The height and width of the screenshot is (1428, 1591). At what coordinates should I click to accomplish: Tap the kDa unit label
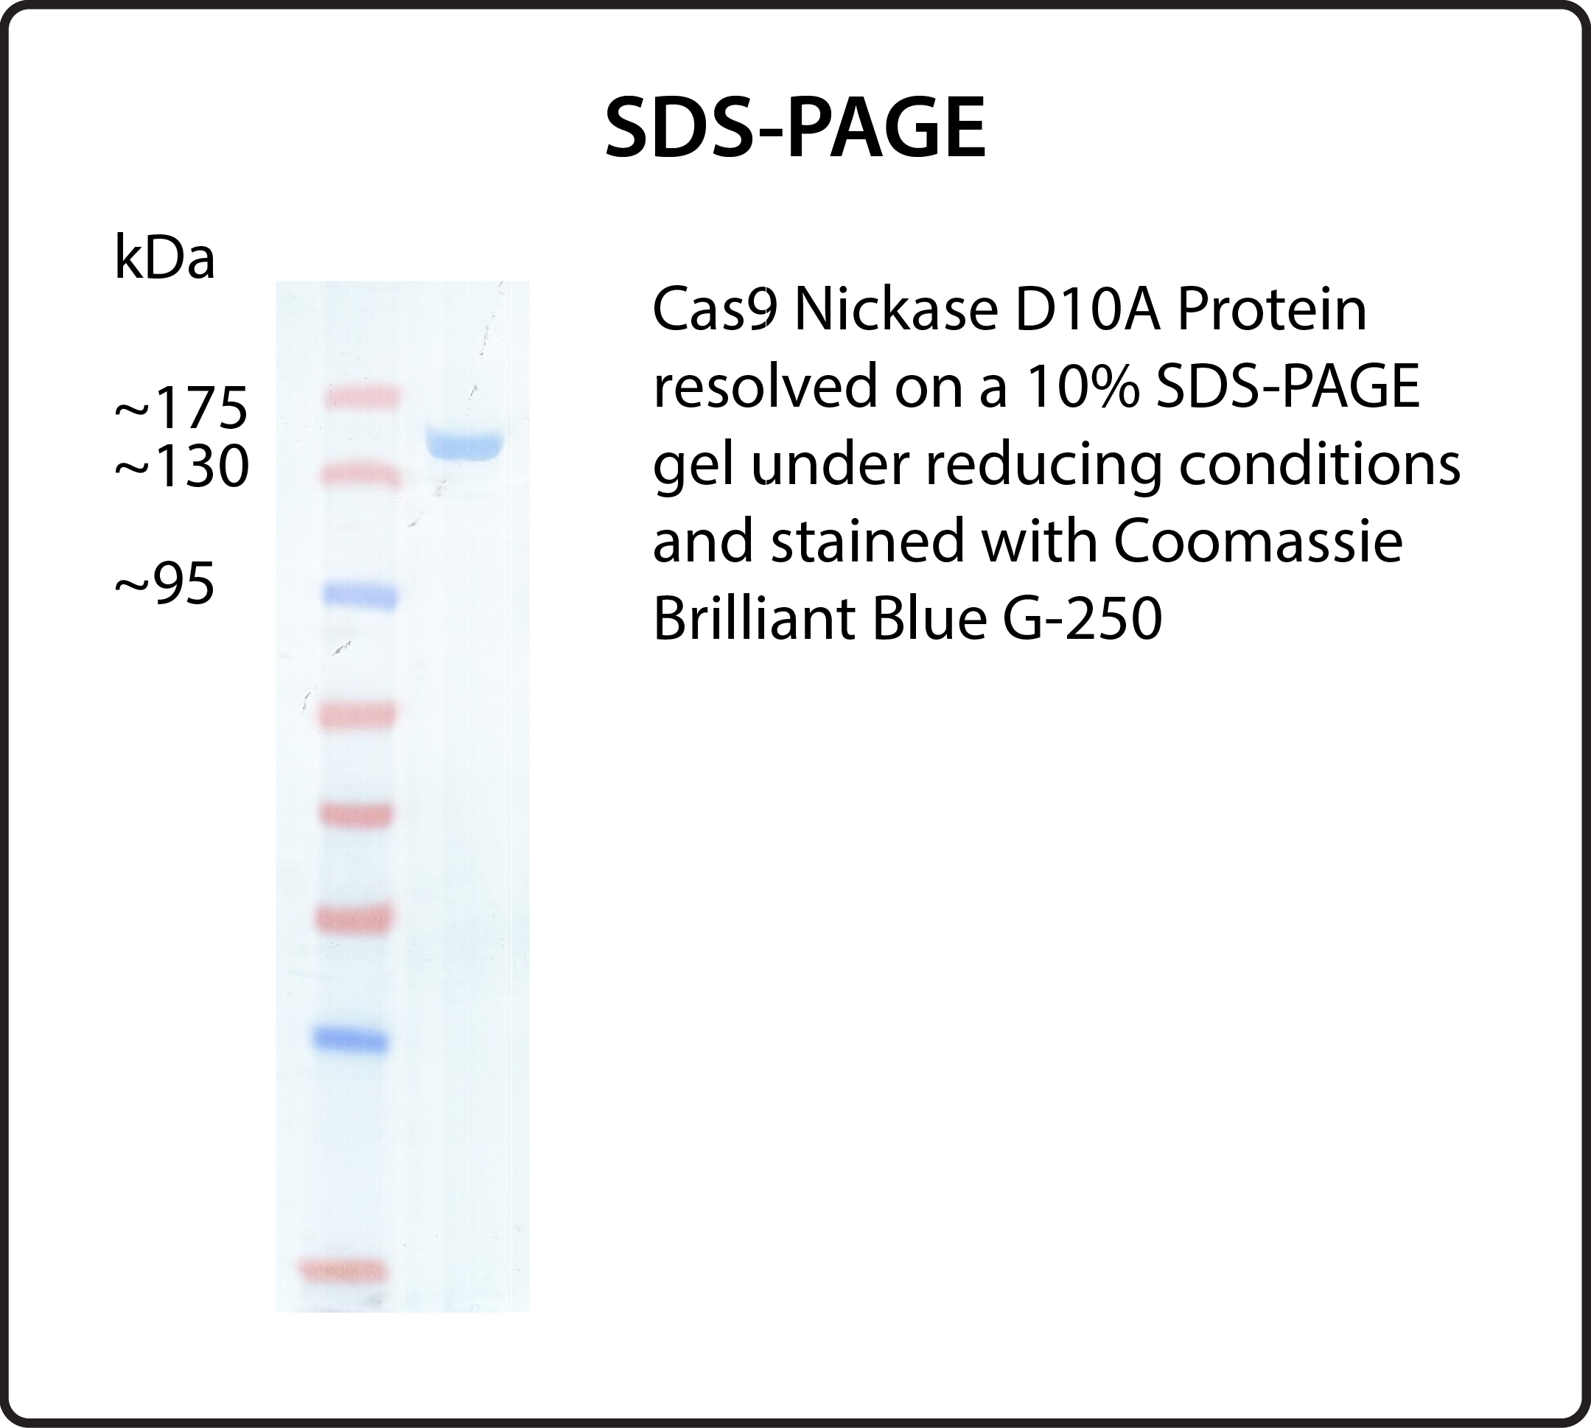click(x=165, y=258)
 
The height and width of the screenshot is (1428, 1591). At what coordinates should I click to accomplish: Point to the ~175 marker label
click(x=181, y=407)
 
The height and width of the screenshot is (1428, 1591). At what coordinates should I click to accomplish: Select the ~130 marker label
click(x=182, y=466)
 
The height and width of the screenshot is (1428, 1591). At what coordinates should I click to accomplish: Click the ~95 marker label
click(x=165, y=584)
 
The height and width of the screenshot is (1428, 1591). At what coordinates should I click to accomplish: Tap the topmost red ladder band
click(x=363, y=397)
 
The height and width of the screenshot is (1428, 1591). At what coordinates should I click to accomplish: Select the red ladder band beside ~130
click(x=361, y=475)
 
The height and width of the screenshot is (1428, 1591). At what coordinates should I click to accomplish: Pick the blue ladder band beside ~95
click(x=361, y=595)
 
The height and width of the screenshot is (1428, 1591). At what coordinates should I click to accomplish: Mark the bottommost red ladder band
click(x=343, y=1269)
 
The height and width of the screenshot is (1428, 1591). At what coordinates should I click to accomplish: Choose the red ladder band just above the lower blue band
click(x=353, y=919)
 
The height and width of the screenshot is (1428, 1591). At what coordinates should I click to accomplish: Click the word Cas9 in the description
click(x=715, y=310)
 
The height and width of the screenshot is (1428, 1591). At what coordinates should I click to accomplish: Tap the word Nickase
click(x=895, y=310)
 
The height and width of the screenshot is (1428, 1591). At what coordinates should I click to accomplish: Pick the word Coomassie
click(x=1258, y=542)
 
